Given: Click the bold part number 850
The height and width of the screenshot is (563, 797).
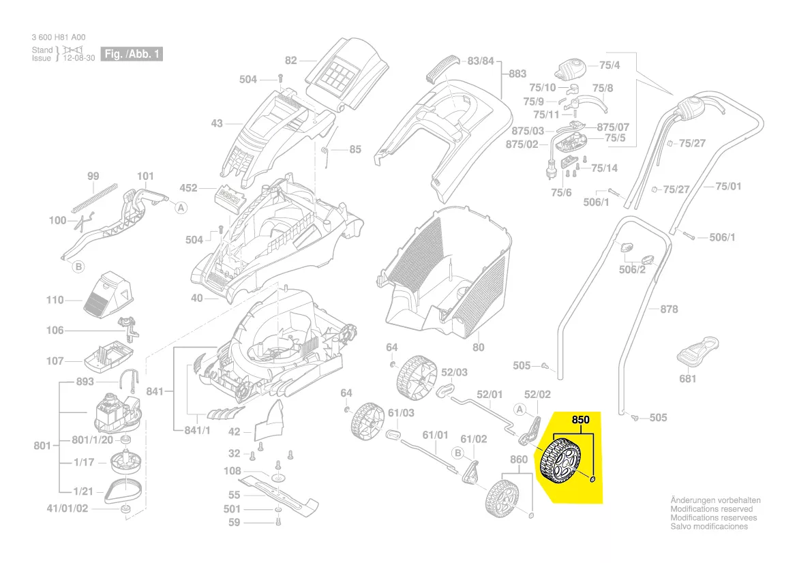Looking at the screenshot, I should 580,420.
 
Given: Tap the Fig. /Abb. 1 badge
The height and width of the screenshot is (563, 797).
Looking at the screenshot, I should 132,54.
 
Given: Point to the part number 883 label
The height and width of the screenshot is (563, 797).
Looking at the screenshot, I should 518,74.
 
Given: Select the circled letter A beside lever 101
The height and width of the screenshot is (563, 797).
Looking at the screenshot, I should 181,209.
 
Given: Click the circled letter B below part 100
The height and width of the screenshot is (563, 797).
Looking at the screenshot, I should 78,267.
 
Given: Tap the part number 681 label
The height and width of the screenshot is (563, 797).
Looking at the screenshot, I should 688,378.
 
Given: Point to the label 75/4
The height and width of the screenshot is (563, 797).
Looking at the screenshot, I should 610,66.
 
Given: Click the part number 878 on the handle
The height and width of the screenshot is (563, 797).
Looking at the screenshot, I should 670,309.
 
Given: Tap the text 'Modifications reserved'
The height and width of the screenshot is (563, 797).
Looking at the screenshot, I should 711,509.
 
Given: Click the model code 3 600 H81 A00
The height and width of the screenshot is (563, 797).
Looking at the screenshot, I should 59,37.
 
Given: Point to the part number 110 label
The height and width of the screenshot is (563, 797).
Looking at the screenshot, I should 55,300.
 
